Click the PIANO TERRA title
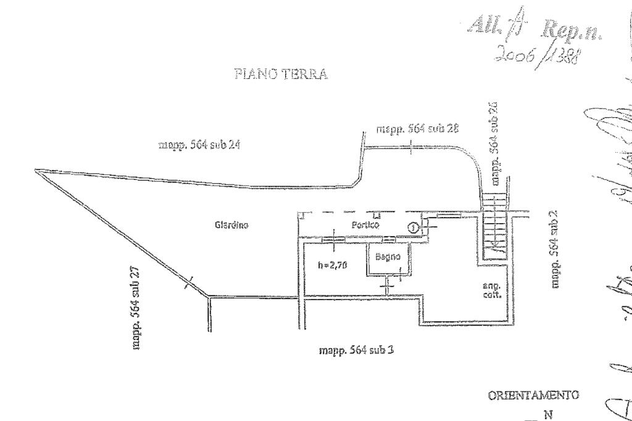281,74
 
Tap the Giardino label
231,225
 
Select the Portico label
365,225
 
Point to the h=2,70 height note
332,266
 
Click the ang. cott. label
491,290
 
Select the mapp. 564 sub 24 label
199,145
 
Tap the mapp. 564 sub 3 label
356,350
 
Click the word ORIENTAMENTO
533,395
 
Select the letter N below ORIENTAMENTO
548,415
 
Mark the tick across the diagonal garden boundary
188,283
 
